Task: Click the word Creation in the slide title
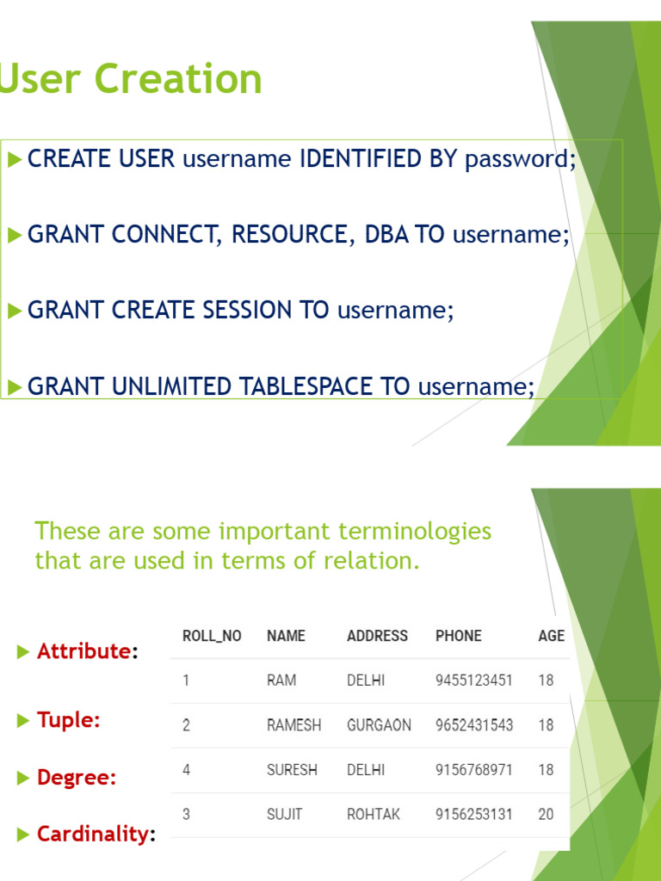click(x=178, y=79)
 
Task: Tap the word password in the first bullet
click(x=517, y=160)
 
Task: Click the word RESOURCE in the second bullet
click(x=288, y=235)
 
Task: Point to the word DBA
click(x=386, y=235)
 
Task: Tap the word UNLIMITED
click(x=172, y=386)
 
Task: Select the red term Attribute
click(x=83, y=651)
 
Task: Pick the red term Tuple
click(x=68, y=719)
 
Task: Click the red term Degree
click(x=77, y=778)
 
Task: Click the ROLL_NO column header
click(x=212, y=636)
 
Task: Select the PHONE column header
click(x=459, y=636)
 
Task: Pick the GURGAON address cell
click(x=379, y=725)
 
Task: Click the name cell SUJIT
click(x=284, y=814)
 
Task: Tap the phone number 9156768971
click(x=473, y=770)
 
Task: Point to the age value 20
click(x=546, y=814)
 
